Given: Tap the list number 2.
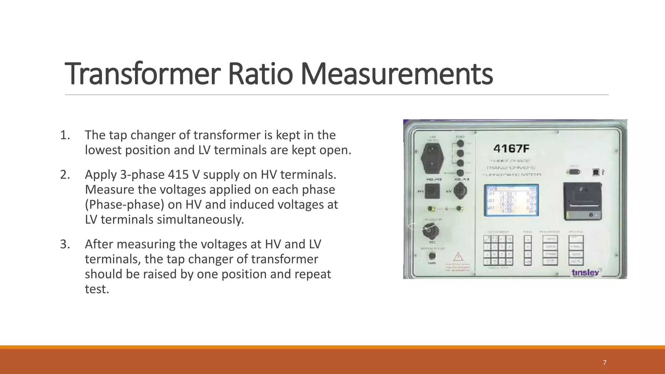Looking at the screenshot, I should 65,175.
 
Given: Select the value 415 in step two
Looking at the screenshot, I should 178,175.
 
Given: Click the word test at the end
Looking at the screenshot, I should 96,289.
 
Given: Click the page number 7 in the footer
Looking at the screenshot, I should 604,363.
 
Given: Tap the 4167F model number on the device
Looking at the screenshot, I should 511,149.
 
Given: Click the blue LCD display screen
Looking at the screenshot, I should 511,200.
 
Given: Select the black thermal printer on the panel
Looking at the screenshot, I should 583,201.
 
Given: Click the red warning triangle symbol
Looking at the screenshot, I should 458,257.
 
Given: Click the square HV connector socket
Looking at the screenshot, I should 432,191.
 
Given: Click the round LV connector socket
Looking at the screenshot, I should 460,191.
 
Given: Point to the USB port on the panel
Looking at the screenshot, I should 596,172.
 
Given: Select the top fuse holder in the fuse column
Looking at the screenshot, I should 460,143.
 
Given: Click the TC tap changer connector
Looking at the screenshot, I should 431,231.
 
